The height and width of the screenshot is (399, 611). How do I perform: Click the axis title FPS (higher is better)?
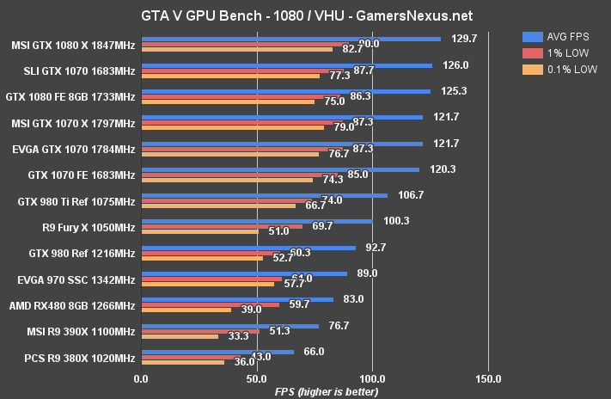324,391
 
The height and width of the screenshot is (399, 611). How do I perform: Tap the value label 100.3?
397,221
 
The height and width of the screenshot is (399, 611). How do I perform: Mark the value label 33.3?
238,336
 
